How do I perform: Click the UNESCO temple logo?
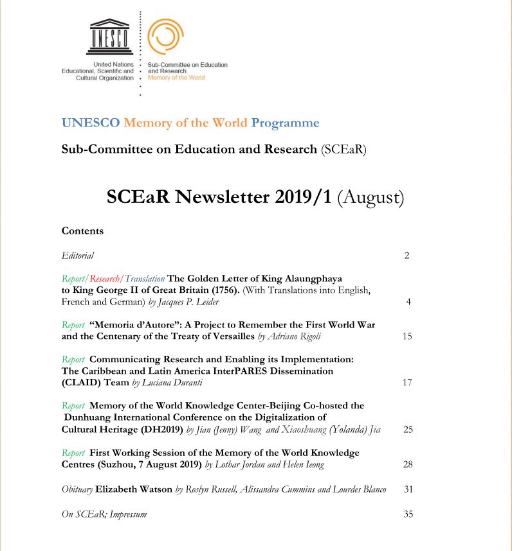point(111,38)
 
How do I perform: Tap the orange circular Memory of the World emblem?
point(165,37)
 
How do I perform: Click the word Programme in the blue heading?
point(285,123)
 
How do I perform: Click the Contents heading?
point(82,231)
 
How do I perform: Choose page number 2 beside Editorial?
point(407,256)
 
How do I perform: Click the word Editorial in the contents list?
point(78,256)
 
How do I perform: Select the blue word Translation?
point(145,279)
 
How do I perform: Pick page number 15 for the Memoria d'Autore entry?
point(407,336)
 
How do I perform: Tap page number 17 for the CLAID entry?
point(407,383)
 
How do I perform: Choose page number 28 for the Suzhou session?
point(407,464)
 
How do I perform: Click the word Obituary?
point(77,489)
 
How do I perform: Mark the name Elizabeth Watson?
point(134,489)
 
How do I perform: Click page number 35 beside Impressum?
point(407,514)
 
